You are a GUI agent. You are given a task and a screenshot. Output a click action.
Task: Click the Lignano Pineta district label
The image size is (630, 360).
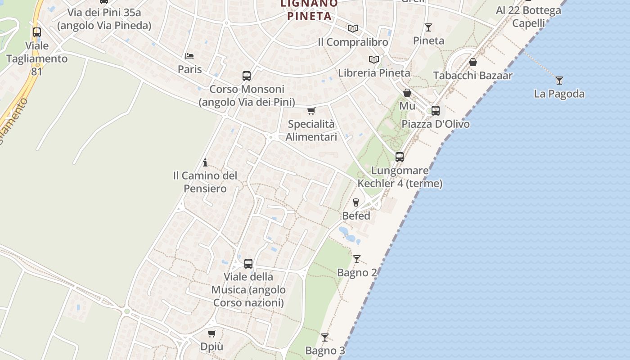(309, 10)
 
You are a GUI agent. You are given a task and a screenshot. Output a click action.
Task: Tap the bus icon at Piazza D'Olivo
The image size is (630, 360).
(435, 110)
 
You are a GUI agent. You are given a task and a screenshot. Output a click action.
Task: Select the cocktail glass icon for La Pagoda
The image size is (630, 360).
(559, 81)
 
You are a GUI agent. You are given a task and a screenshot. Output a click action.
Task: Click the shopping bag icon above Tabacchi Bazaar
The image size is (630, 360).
(473, 62)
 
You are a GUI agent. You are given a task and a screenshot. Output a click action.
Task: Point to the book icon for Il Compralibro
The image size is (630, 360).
(352, 29)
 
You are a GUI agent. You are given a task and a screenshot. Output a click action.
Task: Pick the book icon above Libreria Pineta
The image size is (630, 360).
(373, 59)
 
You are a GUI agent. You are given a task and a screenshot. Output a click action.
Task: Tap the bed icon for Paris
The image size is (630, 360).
(189, 56)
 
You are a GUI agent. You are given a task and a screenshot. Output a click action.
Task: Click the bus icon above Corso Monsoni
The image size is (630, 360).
(247, 76)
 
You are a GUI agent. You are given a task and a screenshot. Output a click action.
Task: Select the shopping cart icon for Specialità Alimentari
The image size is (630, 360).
(311, 111)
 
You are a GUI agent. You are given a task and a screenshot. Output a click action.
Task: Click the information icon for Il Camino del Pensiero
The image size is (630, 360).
(205, 162)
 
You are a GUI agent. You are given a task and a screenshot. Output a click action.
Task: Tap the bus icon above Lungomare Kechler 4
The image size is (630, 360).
(400, 157)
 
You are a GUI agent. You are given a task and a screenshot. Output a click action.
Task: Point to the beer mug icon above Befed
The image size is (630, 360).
(356, 202)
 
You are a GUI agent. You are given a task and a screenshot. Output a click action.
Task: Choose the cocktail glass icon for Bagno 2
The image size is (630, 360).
(357, 259)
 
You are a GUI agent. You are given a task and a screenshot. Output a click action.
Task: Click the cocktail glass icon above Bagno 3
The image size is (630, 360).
(324, 337)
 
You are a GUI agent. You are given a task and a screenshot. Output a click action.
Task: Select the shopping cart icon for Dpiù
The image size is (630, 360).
(211, 333)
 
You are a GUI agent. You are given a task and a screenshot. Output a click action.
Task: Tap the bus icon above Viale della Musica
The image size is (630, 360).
(248, 263)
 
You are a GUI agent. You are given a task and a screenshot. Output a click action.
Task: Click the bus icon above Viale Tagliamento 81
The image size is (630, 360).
(37, 32)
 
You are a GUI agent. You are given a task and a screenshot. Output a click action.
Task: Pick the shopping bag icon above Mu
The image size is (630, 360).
(407, 93)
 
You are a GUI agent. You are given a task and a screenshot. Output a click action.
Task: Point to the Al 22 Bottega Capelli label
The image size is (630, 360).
(528, 16)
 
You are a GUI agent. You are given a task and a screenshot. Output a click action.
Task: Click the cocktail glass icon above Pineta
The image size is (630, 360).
(428, 27)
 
